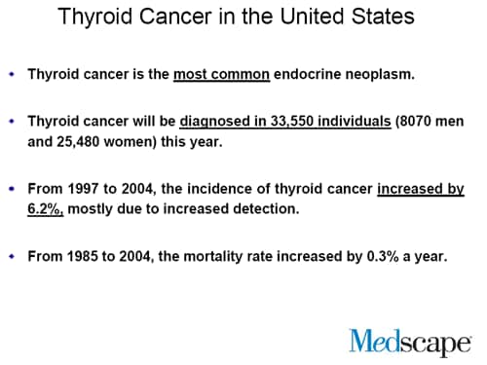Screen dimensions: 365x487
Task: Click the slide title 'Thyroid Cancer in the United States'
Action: [x=236, y=18]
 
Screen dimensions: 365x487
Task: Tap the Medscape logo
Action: [x=408, y=341]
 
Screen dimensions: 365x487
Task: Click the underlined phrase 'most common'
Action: [x=221, y=74]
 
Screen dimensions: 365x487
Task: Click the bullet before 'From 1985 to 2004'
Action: [x=11, y=257]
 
